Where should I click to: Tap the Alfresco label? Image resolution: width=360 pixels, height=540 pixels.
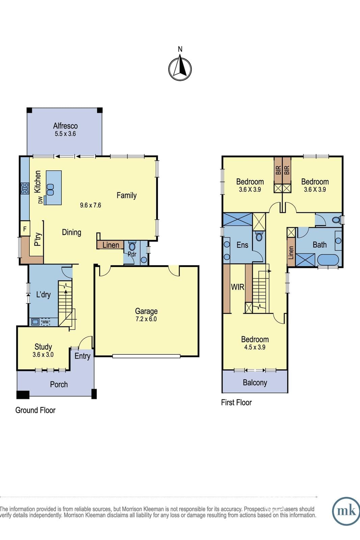pyautogui.click(x=65, y=126)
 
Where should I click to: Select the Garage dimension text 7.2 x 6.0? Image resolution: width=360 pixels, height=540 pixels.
pyautogui.click(x=146, y=319)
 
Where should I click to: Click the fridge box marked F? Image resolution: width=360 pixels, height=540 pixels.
pyautogui.click(x=25, y=228)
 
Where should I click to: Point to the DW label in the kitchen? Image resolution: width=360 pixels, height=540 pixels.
pyautogui.click(x=40, y=200)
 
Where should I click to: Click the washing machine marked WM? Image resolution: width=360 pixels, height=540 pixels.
pyautogui.click(x=45, y=322)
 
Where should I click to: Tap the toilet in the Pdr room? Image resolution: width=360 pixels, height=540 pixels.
pyautogui.click(x=132, y=246)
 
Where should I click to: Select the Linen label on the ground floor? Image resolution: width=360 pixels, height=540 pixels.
pyautogui.click(x=111, y=245)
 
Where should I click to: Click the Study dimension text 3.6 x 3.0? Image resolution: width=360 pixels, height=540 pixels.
pyautogui.click(x=43, y=355)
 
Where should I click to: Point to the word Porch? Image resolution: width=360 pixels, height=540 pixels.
pyautogui.click(x=59, y=384)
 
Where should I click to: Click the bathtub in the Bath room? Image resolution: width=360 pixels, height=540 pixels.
pyautogui.click(x=328, y=260)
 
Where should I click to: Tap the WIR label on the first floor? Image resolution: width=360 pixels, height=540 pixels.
pyautogui.click(x=238, y=287)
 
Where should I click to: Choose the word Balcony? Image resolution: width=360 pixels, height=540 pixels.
pyautogui.click(x=255, y=383)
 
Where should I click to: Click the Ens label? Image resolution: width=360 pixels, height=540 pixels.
pyautogui.click(x=242, y=245)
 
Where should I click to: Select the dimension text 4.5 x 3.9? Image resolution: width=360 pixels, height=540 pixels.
pyautogui.click(x=255, y=347)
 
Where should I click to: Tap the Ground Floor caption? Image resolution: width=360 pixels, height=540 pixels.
pyautogui.click(x=35, y=410)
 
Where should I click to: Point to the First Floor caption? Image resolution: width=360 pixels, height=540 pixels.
pyautogui.click(x=237, y=402)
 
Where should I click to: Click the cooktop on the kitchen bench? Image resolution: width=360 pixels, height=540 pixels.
pyautogui.click(x=25, y=188)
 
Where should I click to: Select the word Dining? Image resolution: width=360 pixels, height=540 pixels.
pyautogui.click(x=72, y=233)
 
